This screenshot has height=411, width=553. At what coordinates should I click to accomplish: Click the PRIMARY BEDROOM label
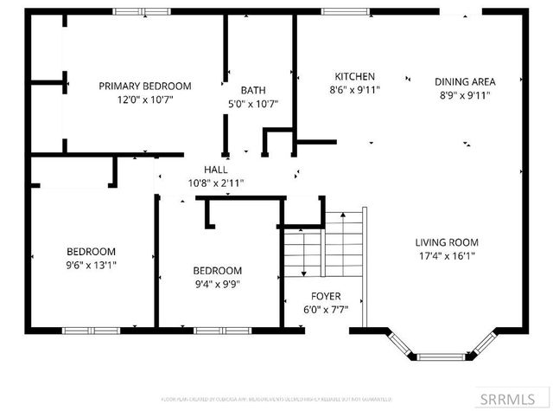(144, 86)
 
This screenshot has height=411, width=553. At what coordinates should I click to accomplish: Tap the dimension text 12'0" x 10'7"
(144, 99)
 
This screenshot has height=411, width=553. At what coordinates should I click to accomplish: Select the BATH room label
(253, 90)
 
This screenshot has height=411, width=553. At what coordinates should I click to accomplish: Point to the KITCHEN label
(354, 75)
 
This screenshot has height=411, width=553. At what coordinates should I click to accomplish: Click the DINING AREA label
(465, 82)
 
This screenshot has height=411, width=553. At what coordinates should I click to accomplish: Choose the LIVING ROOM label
(447, 242)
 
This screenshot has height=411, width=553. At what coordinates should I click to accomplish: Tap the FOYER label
(326, 294)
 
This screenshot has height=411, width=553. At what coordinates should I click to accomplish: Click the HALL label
(216, 170)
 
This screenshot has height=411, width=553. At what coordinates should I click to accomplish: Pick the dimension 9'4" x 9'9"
(217, 283)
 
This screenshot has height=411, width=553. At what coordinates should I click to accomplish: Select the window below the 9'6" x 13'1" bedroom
(91, 330)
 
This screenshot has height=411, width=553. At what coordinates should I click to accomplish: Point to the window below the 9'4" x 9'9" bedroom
(216, 330)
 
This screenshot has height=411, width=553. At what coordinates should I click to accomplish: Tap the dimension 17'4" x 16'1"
(447, 255)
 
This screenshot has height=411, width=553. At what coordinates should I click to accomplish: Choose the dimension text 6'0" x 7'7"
(326, 307)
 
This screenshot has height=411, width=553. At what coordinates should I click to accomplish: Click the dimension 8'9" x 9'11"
(465, 95)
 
